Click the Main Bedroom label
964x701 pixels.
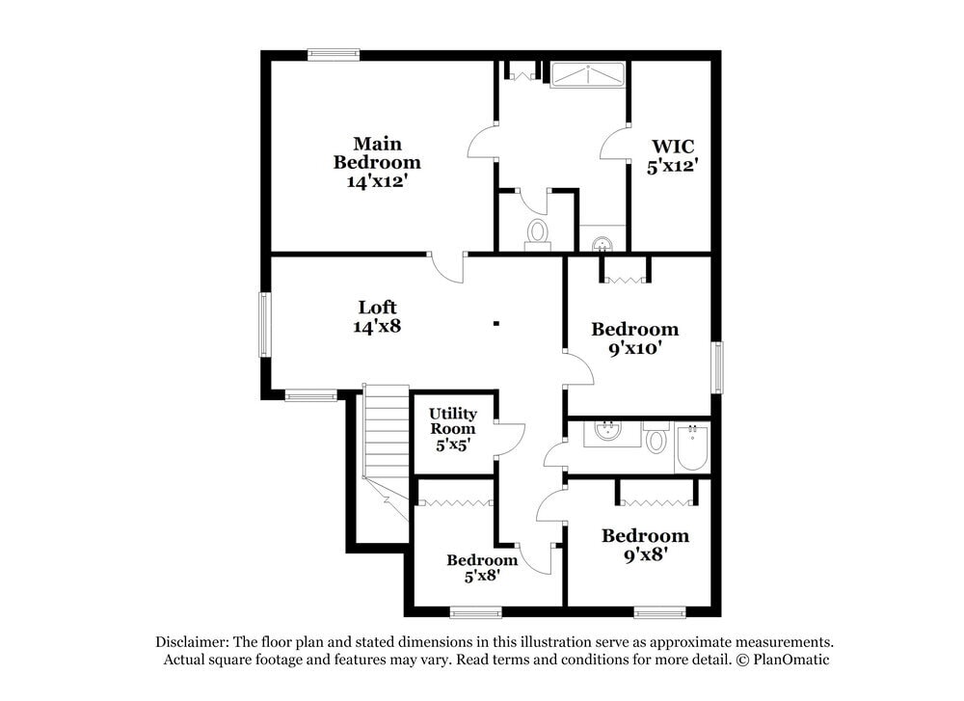point(376,162)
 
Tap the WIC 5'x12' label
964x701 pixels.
point(671,155)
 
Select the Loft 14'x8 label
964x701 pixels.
point(377,316)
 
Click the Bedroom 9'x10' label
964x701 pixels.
point(634,338)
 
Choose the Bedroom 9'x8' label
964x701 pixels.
point(645,545)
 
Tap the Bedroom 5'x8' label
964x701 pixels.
point(482,568)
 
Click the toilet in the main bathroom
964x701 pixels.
point(537,232)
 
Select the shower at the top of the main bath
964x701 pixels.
point(587,75)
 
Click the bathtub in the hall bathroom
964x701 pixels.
point(691,446)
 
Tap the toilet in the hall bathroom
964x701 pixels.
point(656,441)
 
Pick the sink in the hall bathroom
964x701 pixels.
point(607,430)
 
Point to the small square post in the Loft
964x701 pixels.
point(496,324)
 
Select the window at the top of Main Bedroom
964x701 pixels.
point(334,55)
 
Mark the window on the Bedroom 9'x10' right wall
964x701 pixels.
point(716,367)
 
